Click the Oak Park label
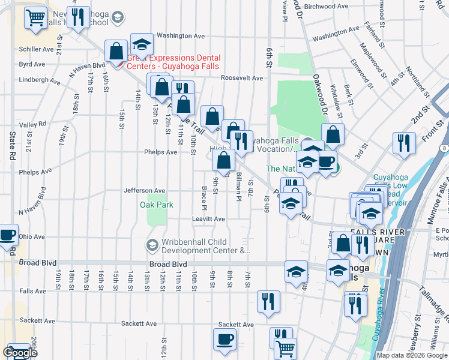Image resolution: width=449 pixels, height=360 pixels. click(157, 205)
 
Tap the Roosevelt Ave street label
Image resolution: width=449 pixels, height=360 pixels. click(242, 78)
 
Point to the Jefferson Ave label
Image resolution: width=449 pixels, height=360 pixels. click(144, 191)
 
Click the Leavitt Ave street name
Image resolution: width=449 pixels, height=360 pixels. click(208, 219)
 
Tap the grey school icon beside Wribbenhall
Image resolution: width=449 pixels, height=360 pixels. click(152, 246)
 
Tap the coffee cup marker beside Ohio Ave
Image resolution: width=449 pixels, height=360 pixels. click(7, 235)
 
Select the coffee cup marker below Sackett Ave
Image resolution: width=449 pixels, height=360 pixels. click(224, 340)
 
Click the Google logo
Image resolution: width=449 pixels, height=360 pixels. click(20, 353)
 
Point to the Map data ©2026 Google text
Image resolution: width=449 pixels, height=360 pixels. click(412, 355)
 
